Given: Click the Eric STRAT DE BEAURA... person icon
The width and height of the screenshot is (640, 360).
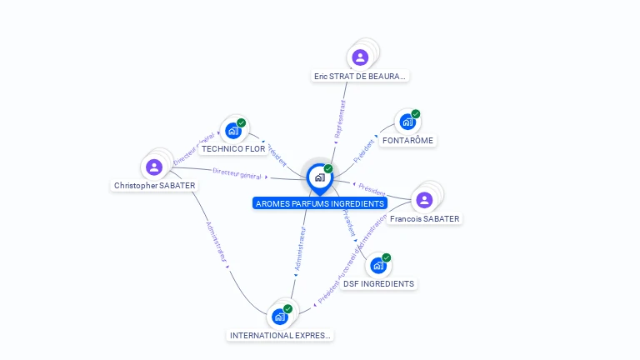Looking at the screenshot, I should [x=360, y=57].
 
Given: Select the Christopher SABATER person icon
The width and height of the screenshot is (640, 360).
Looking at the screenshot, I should [x=153, y=167].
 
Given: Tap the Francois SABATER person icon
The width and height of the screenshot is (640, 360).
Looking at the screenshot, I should [x=424, y=199].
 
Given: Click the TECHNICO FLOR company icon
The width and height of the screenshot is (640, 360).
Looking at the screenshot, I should [x=233, y=130].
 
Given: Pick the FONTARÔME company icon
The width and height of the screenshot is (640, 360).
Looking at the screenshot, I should [x=407, y=122].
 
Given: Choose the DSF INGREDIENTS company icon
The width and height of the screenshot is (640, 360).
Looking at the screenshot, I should [x=378, y=266].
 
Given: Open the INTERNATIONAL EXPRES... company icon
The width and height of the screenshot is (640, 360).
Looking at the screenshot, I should [x=280, y=317].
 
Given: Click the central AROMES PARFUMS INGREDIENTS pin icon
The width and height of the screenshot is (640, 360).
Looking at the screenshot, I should [x=319, y=177].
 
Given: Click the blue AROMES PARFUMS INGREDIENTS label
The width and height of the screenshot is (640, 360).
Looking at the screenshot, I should [x=320, y=203].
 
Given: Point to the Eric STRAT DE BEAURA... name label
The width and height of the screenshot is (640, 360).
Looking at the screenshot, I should [x=360, y=76].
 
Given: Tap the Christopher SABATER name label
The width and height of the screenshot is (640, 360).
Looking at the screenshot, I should [x=155, y=186].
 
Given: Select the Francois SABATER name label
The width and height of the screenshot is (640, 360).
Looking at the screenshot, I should [x=424, y=218].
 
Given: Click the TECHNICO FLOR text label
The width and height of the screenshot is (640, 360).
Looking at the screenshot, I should [x=233, y=149].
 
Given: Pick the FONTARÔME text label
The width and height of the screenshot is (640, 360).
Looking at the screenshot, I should [x=407, y=140].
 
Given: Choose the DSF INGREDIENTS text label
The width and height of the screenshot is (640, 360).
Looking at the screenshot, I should [x=378, y=283].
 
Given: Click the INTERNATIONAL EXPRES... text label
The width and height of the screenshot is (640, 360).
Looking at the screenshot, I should [x=281, y=335].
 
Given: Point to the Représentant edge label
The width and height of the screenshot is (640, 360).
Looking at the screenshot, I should [x=340, y=120].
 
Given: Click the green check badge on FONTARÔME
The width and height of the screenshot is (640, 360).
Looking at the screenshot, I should [x=416, y=114].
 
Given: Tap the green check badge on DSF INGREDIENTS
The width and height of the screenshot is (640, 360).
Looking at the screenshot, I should [x=387, y=257].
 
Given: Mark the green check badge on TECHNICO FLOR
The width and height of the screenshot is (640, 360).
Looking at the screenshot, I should [x=242, y=122].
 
